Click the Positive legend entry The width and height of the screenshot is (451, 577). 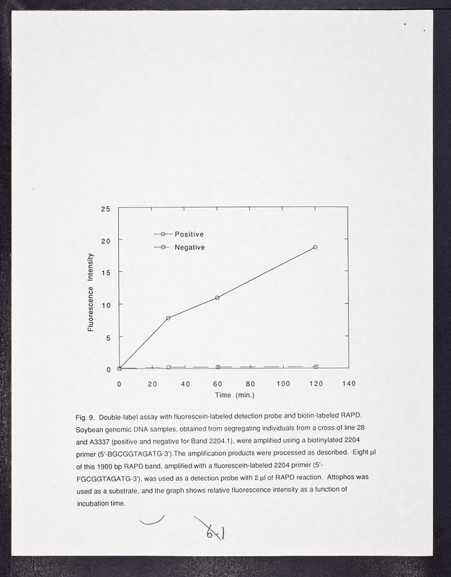coord(189,234)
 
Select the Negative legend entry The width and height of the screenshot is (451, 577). coord(189,247)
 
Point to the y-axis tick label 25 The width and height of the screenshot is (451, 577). coord(105,209)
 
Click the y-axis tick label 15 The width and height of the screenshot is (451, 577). coord(105,273)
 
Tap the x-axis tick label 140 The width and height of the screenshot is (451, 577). coord(349,383)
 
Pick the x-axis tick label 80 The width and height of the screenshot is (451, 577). coord(250,383)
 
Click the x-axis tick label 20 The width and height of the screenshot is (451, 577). coord(152,383)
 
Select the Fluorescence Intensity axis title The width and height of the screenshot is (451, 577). coord(91,292)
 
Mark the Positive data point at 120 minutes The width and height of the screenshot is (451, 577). coord(315,247)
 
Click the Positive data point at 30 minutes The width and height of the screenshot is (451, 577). coord(169,318)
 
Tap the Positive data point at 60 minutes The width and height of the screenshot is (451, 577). coord(218,297)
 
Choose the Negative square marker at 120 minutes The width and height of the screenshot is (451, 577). coord(315,367)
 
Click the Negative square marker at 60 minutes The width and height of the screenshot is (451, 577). coord(218,367)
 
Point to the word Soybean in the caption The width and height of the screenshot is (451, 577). coord(89,429)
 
